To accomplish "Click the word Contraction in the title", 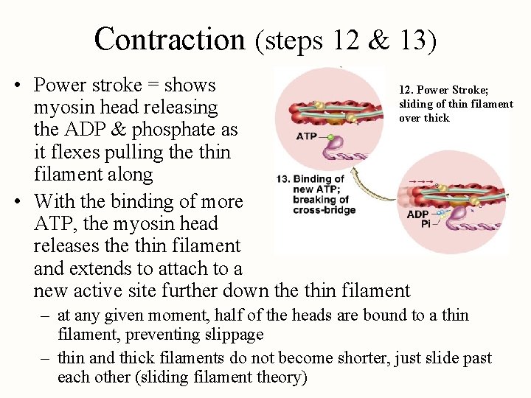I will [169, 39].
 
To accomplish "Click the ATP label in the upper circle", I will [307, 136].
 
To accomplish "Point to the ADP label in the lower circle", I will [417, 214].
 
